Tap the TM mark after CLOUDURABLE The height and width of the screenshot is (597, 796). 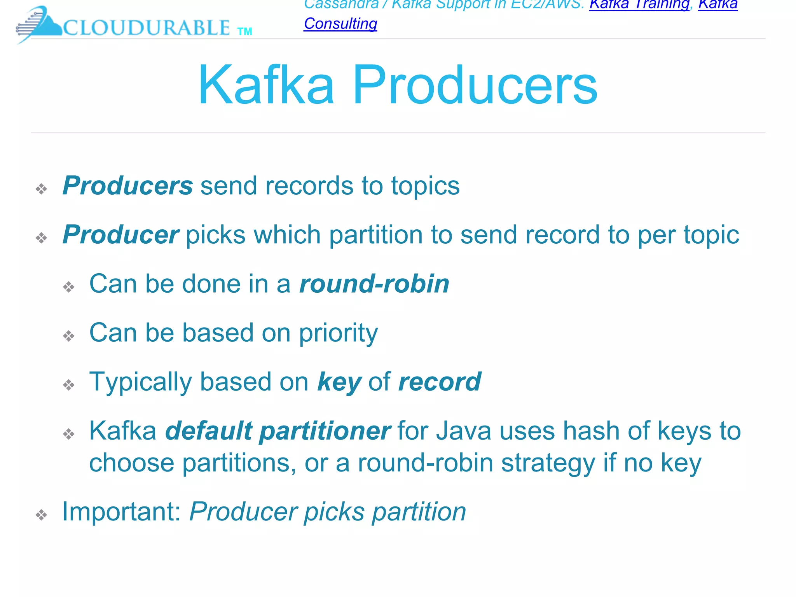pos(244,31)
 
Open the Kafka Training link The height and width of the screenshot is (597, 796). pos(639,5)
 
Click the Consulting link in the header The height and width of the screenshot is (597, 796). pos(340,24)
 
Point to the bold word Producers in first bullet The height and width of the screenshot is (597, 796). pos(127,185)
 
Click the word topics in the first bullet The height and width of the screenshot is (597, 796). pos(425,186)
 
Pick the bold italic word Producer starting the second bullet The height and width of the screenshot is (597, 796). pos(121,235)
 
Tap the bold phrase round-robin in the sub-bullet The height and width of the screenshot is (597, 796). pos(374,284)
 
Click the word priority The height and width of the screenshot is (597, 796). pos(338,333)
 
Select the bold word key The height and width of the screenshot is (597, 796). pos(339,382)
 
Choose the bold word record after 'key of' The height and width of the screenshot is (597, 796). pos(440,382)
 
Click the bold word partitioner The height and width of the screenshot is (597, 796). pos(325,431)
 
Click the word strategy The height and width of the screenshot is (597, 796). pos(548,463)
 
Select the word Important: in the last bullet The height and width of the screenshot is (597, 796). pos(122,511)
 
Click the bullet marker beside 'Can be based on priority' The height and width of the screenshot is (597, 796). pos(69,336)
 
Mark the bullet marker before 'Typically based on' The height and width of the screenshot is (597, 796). pos(69,385)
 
